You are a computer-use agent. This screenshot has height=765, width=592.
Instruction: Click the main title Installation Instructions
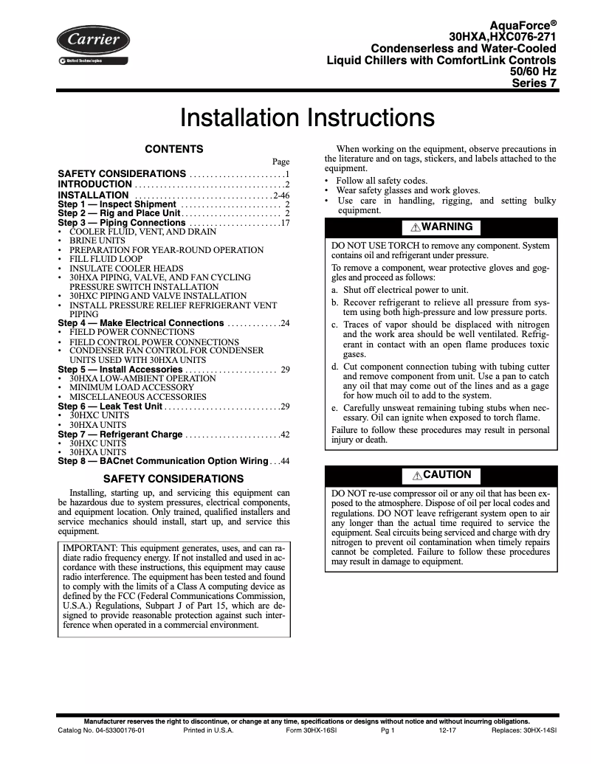(307, 119)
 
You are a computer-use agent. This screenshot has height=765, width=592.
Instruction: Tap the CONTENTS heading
(173, 149)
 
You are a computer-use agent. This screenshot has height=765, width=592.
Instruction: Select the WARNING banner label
(440, 226)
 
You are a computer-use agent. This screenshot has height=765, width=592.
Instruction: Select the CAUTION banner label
(441, 475)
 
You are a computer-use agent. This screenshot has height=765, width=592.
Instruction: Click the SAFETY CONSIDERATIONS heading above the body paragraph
(173, 479)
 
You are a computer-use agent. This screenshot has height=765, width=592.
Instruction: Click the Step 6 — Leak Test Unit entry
(110, 406)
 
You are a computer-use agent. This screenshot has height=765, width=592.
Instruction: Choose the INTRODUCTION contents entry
(95, 184)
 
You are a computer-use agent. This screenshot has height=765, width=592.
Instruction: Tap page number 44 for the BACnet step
(284, 461)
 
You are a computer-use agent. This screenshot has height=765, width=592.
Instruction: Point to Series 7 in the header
(534, 83)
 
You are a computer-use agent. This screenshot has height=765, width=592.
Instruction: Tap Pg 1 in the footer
(388, 730)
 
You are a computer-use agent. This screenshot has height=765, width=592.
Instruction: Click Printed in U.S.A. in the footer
(208, 730)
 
